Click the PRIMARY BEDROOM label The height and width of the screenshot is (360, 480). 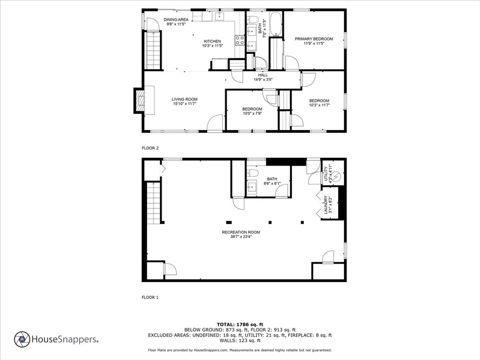[x=314, y=39]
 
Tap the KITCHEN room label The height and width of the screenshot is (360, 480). [x=212, y=41]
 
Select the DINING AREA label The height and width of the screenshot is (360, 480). [x=176, y=20]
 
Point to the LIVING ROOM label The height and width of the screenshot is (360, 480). [x=184, y=99]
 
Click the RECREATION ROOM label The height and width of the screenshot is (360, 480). [x=241, y=232]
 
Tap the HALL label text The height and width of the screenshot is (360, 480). [x=262, y=75]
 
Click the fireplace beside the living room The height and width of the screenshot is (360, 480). [x=139, y=101]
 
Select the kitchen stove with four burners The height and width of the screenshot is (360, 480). [x=240, y=40]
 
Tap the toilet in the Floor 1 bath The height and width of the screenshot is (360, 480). [x=252, y=173]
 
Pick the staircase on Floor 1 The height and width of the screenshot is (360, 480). [x=154, y=202]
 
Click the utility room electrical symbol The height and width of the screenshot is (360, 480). [x=336, y=177]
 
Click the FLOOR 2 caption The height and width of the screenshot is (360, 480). [x=150, y=148]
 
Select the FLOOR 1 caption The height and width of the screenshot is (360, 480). [x=150, y=297]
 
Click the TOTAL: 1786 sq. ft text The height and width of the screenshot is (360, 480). [x=240, y=324]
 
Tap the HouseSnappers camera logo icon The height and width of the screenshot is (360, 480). [x=22, y=339]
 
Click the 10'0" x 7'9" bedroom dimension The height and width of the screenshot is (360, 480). [x=252, y=113]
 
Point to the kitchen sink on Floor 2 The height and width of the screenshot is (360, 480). [x=219, y=16]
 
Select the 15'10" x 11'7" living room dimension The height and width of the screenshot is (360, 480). [x=184, y=104]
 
